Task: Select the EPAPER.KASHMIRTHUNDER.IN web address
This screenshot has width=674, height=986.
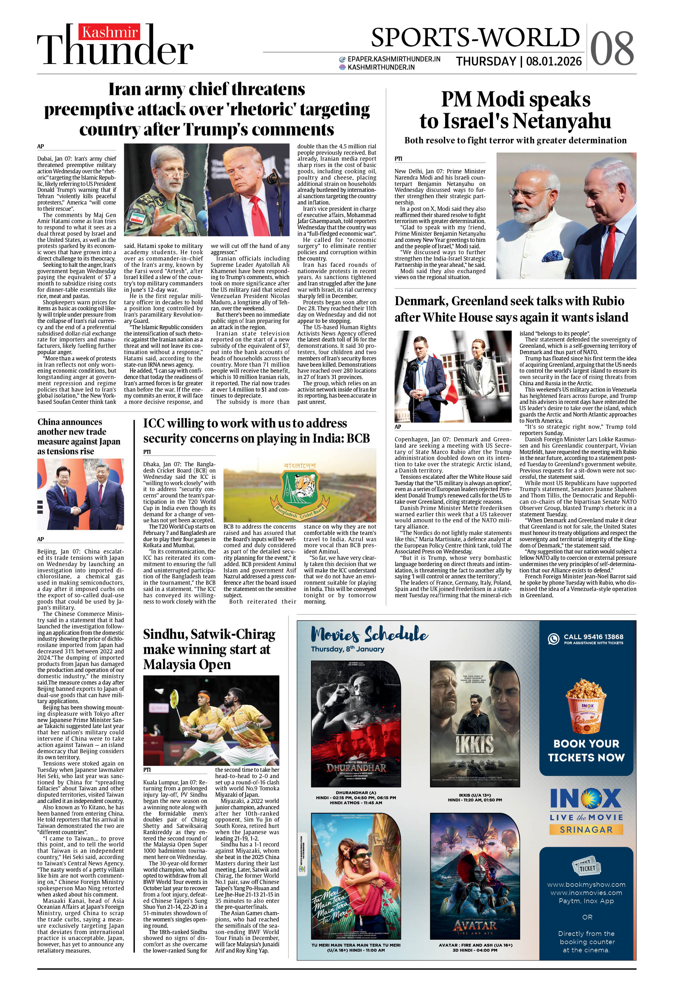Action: [x=393, y=59]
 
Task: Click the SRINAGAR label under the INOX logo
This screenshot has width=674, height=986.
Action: [x=586, y=829]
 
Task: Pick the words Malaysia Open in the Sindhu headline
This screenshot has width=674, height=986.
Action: [x=187, y=664]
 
